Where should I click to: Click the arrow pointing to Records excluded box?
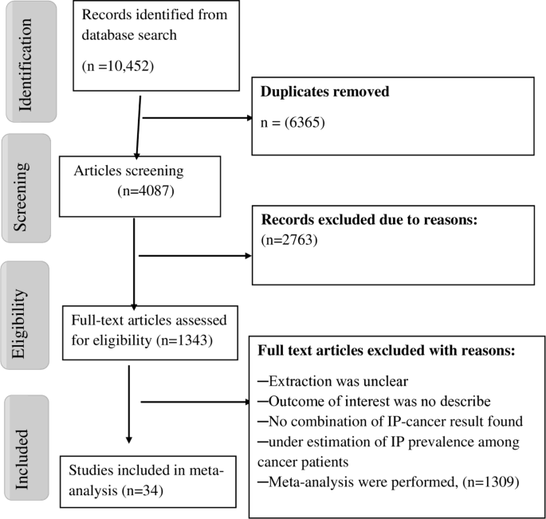195,257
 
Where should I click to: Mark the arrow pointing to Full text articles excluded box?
195,401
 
